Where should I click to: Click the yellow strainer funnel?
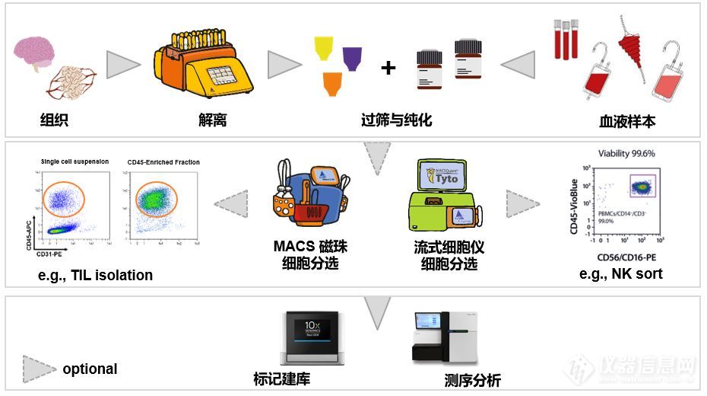(x=325, y=49)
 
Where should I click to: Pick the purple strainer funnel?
(x=353, y=58)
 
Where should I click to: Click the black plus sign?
(x=388, y=68)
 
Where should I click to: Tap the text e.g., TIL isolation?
(x=95, y=275)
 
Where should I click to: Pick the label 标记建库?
(x=281, y=378)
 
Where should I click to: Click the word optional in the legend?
(x=90, y=369)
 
